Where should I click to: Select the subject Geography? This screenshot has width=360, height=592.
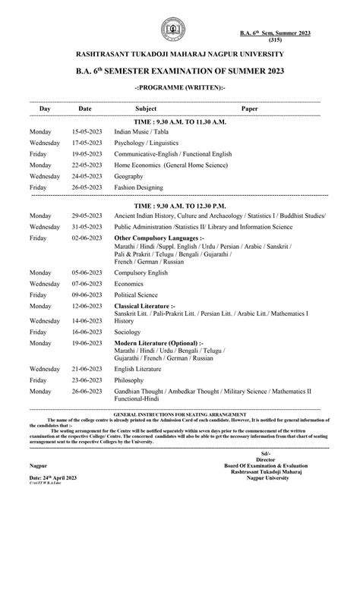pyautogui.click(x=128, y=175)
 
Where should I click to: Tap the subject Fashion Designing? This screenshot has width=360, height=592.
pyautogui.click(x=140, y=187)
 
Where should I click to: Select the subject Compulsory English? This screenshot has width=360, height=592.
pyautogui.click(x=144, y=272)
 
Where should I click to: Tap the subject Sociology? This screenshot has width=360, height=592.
pyautogui.click(x=128, y=332)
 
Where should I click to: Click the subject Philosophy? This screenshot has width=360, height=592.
pyautogui.click(x=131, y=380)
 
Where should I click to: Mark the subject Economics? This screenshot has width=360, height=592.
pyautogui.click(x=130, y=282)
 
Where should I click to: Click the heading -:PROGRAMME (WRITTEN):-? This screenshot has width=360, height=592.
pyautogui.click(x=179, y=88)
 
